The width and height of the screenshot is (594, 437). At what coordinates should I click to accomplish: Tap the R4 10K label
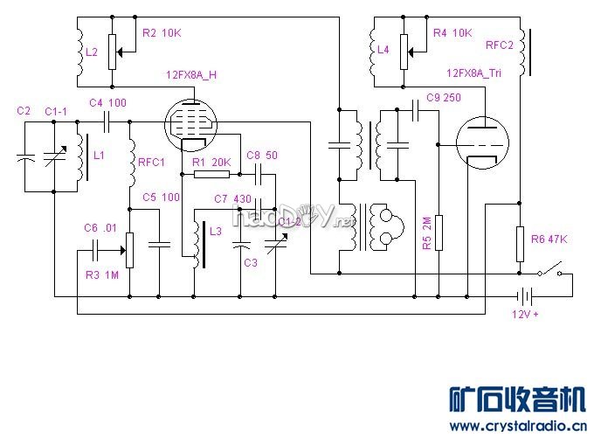pyautogui.click(x=452, y=33)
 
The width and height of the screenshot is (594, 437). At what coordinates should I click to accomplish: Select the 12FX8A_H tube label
pyautogui.click(x=190, y=75)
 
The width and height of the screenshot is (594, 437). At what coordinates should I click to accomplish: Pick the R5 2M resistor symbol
pyautogui.click(x=439, y=231)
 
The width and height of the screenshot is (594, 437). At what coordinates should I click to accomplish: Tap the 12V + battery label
pyautogui.click(x=525, y=315)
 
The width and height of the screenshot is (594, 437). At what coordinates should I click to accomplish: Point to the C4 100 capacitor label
pyautogui.click(x=108, y=102)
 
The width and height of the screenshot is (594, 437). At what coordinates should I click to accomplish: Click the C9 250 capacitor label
pyautogui.click(x=444, y=97)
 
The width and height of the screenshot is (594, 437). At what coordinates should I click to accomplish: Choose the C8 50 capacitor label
pyautogui.click(x=261, y=155)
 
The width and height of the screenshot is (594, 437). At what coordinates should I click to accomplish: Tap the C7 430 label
pyautogui.click(x=232, y=199)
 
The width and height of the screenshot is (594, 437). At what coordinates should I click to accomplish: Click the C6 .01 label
pyautogui.click(x=100, y=227)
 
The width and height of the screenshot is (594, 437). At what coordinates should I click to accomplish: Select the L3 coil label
pyautogui.click(x=216, y=230)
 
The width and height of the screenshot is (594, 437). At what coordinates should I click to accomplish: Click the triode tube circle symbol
pyautogui.click(x=480, y=142)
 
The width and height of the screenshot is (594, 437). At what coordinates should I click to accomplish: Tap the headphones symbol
pyautogui.click(x=383, y=227)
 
